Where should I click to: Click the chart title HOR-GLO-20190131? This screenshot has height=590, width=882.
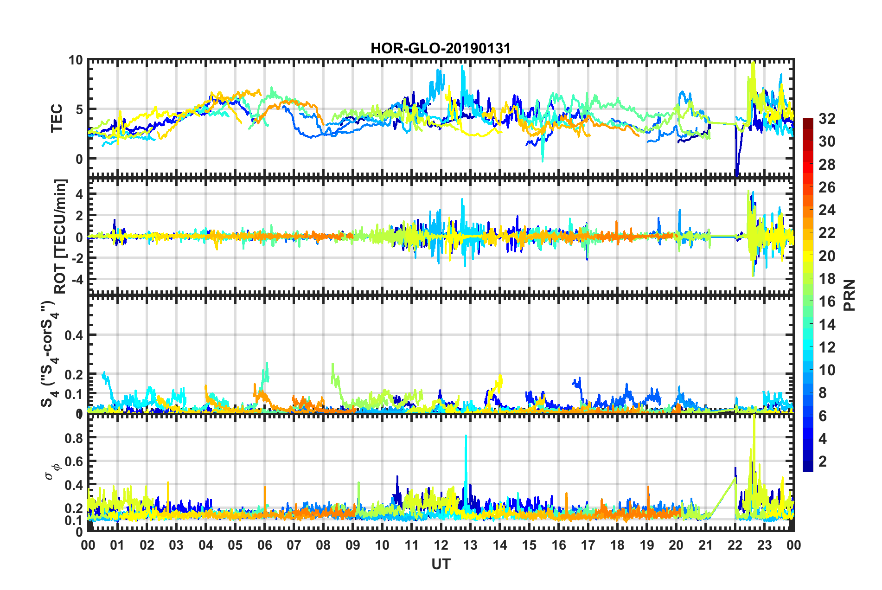click(440, 48)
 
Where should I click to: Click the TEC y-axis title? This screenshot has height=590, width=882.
click(57, 118)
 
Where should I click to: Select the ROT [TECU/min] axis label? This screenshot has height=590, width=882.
click(60, 237)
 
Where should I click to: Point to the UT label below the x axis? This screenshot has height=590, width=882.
click(441, 564)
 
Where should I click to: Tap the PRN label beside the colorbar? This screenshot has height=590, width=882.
click(849, 295)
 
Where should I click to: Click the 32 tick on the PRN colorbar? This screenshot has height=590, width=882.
click(827, 119)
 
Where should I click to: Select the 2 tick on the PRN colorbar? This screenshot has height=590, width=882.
click(823, 461)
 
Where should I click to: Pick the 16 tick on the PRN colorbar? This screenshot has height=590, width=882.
click(827, 301)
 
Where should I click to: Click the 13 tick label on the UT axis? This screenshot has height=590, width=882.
click(470, 545)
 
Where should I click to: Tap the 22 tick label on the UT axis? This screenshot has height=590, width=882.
click(735, 545)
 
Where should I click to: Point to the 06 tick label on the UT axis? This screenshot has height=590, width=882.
click(264, 545)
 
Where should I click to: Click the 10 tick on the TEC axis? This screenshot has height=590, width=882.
click(76, 60)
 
